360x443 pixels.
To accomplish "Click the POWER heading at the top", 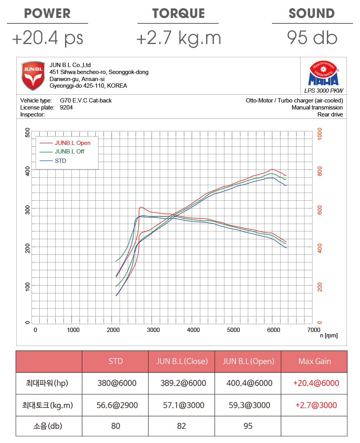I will [48, 13].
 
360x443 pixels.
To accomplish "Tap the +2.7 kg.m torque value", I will [179, 38].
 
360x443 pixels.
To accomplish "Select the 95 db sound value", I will [312, 38].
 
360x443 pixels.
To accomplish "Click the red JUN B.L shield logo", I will [33, 76].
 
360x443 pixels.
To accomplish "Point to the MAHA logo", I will [323, 74].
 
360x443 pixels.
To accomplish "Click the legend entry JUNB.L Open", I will [72, 143].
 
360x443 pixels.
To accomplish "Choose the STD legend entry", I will [60, 161].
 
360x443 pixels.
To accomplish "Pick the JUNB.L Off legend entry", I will [69, 152].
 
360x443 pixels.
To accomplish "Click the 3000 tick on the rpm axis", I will [154, 330].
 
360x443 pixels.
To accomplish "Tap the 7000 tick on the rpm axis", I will [313, 330].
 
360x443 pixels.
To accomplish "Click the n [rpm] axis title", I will [328, 335].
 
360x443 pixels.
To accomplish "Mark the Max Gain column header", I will [314, 361].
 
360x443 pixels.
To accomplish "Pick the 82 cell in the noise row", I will [182, 426].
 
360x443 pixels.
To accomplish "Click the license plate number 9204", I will [66, 108].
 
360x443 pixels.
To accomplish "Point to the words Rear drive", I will [330, 115].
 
